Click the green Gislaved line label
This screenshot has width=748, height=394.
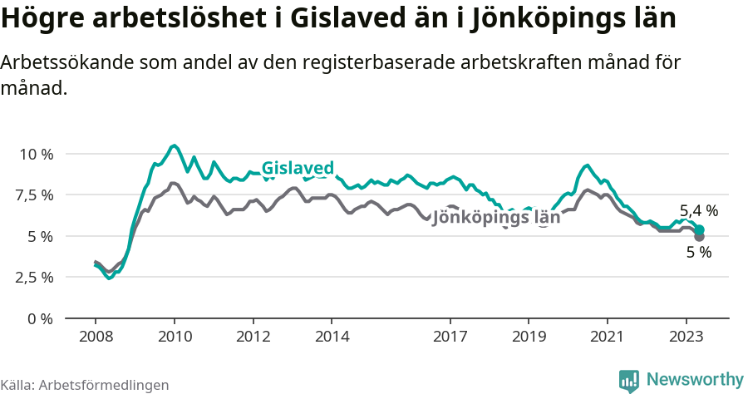pyautogui.click(x=298, y=168)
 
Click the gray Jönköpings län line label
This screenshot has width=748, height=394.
pyautogui.click(x=496, y=217)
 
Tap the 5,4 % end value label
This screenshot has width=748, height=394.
pyautogui.click(x=698, y=211)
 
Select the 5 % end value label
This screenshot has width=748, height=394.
pyautogui.click(x=698, y=253)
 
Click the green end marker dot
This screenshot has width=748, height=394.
pyautogui.click(x=700, y=229)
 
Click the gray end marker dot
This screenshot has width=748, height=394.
pyautogui.click(x=699, y=237)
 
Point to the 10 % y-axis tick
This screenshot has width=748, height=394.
pyautogui.click(x=36, y=155)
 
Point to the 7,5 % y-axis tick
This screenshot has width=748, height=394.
pyautogui.click(x=36, y=195)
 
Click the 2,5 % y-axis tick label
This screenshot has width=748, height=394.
pyautogui.click(x=36, y=277)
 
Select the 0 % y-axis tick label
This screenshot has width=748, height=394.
pyautogui.click(x=41, y=318)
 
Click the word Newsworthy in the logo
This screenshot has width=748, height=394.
pyautogui.click(x=695, y=380)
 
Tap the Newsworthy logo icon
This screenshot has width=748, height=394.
pyautogui.click(x=629, y=380)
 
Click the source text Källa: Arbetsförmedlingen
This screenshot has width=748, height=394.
pyautogui.click(x=85, y=385)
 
